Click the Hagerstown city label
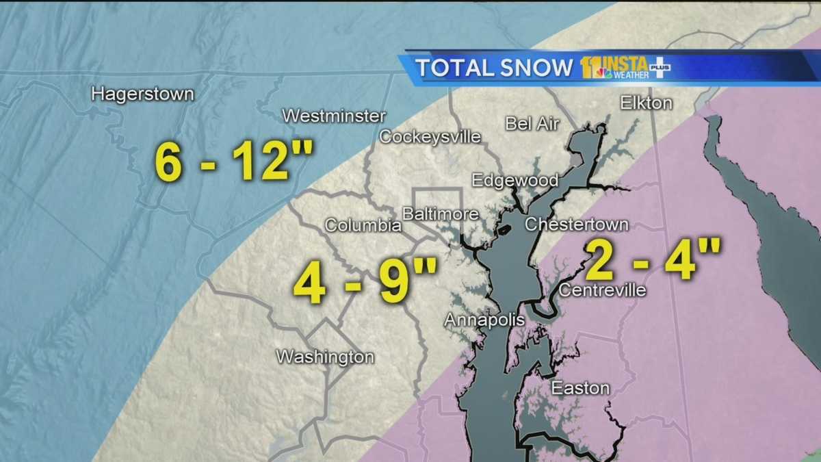(142, 94)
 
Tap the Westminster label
(334, 116)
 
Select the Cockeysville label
(430, 136)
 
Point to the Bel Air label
(532, 124)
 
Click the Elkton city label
(646, 103)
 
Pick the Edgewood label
(514, 180)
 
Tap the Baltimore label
(439, 214)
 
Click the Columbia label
(363, 225)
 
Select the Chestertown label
(576, 224)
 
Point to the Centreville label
(602, 290)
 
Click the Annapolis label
(484, 320)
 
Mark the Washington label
(325, 357)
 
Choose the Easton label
(580, 388)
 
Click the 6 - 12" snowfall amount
(234, 162)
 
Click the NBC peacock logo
(603, 73)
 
